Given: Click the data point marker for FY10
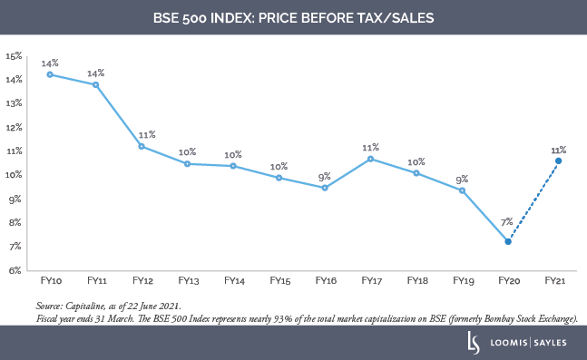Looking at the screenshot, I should tap(50, 74).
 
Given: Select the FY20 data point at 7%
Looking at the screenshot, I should tap(508, 241).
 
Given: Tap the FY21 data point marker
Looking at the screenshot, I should tap(558, 161).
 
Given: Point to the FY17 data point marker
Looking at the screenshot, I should tap(371, 159).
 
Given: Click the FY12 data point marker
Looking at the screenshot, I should tap(142, 146).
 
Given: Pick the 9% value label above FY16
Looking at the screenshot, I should tap(324, 177).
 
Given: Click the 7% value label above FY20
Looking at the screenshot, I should tap(506, 221).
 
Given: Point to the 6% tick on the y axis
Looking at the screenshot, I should tap(15, 270).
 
